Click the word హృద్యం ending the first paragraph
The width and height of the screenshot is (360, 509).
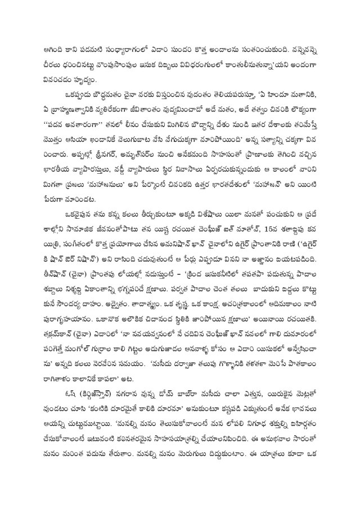pyautogui.click(x=100, y=74)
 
